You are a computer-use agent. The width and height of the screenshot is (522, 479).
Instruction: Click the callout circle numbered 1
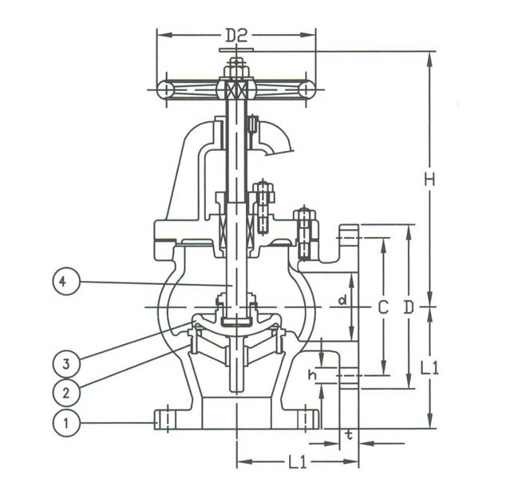(67, 422)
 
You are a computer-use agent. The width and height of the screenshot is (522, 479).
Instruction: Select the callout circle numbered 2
(67, 391)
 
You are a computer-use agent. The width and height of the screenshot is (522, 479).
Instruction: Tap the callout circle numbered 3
(67, 362)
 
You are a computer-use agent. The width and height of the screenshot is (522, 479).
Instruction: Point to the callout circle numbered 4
(67, 281)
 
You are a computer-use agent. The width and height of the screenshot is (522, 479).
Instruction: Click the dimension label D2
(237, 35)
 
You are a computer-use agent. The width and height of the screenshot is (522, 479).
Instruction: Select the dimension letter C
(384, 307)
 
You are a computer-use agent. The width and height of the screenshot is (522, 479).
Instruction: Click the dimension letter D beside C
(409, 307)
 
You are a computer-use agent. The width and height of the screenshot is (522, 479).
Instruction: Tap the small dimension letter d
(341, 301)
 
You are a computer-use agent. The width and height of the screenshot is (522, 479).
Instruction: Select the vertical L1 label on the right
(430, 368)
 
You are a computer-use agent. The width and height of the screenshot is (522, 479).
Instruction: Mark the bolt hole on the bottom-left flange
(166, 418)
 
